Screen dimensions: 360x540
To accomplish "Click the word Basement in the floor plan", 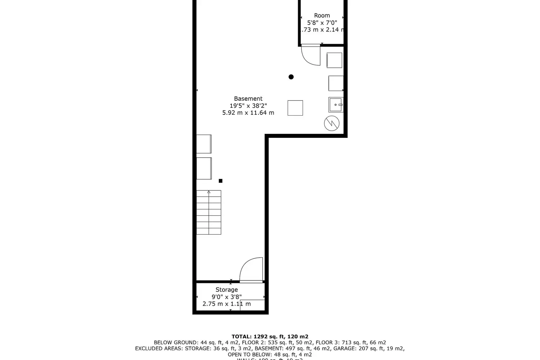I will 248,99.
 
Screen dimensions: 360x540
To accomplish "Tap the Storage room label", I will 226,290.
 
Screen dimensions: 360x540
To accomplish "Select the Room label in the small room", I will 322,15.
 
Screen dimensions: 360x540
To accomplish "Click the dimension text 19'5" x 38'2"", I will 248,106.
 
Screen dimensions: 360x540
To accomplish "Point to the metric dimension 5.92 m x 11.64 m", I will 248,113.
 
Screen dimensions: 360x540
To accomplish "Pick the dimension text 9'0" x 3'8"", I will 226,297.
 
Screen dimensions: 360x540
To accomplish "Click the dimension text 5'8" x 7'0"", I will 322,23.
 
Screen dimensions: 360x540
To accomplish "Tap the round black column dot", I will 291,77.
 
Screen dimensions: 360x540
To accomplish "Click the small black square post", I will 221,181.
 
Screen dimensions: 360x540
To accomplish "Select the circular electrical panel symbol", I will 332,123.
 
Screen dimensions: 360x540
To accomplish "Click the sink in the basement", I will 336,105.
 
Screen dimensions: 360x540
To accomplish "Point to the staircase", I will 209,212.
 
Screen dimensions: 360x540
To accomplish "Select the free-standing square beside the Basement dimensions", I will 295,108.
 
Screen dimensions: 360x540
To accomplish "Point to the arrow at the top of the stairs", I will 209,192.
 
